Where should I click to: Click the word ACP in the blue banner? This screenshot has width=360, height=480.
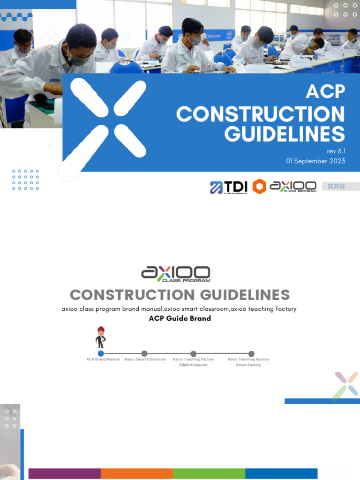pos(325,92)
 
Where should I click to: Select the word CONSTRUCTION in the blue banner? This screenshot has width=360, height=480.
pos(261,114)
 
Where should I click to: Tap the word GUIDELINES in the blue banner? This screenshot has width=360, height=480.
pos(284,134)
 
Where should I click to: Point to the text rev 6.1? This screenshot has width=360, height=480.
pos(336,151)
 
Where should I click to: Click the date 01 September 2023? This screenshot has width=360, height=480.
pos(315,161)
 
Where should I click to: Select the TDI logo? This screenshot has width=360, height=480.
pos(228,187)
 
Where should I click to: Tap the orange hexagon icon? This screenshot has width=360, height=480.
pos(259,187)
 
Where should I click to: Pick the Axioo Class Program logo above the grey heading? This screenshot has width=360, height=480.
pos(176,274)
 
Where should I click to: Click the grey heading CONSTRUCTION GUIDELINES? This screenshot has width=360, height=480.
pos(180,295)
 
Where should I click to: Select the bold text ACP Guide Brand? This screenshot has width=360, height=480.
pos(180,318)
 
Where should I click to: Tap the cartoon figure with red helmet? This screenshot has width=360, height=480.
pos(100,337)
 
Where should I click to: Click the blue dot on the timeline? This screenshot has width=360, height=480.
pos(100,353)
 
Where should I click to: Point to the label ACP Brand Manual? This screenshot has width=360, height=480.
pos(103,360)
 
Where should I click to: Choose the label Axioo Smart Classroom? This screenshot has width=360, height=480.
pos(145,360)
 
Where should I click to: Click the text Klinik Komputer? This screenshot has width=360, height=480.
pos(193,365)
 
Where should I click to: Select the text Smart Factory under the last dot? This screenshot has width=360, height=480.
pos(248,365)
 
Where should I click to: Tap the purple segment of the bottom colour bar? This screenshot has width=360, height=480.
pos(65,473)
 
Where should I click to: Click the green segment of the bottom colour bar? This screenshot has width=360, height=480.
pos(209,473)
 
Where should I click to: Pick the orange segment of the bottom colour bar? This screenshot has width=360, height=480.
pos(137,473)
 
